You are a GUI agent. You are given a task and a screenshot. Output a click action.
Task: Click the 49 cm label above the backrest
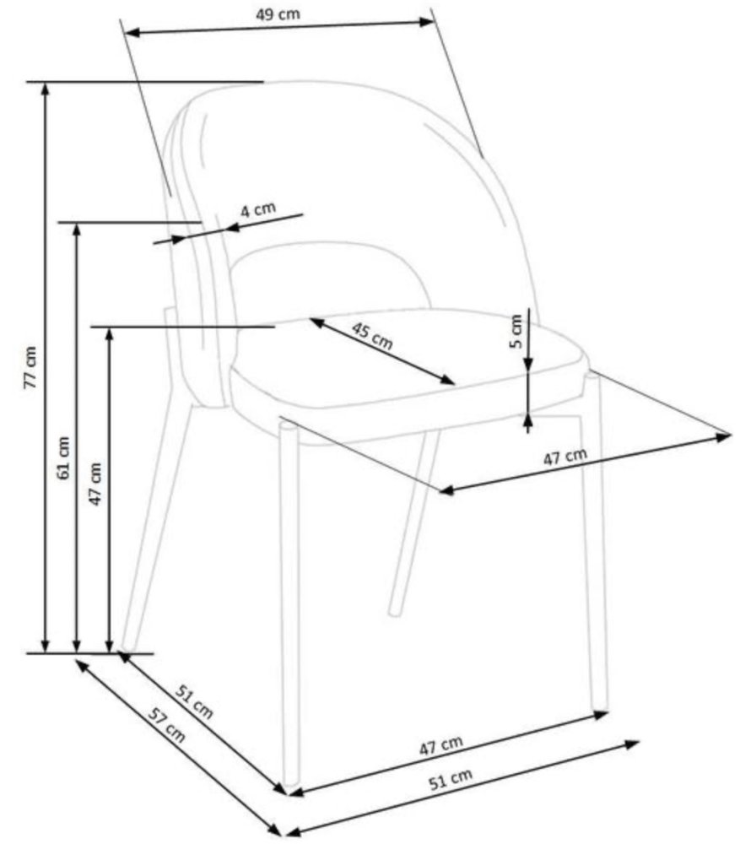click(278, 14)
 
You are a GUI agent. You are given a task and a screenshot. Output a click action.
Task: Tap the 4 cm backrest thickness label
click(258, 209)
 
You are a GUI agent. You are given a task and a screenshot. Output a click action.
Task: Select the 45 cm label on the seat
click(372, 336)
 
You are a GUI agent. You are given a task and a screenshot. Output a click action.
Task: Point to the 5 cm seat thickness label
click(516, 332)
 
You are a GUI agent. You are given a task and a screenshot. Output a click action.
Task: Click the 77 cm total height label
click(30, 367)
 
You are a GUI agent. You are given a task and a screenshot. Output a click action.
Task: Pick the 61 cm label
click(63, 457)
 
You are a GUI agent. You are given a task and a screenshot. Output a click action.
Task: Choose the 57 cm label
click(167, 725)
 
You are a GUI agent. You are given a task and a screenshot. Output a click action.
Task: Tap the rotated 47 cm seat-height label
click(95, 484)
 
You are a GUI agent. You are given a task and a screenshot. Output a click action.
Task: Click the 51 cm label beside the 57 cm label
click(194, 701)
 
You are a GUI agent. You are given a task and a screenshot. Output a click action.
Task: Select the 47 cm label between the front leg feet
click(440, 745)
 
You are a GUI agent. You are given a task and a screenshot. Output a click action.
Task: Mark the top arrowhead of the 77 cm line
click(46, 89)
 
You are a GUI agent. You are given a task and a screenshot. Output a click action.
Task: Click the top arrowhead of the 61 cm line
click(77, 228)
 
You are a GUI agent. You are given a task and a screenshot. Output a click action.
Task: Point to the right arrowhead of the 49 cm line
click(427, 22)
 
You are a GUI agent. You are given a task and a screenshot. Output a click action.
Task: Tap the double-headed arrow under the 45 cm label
click(382, 351)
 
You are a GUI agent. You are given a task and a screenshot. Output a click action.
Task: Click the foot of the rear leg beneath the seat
click(395, 611)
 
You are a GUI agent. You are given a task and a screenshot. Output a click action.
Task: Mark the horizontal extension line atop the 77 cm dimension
click(145, 83)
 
